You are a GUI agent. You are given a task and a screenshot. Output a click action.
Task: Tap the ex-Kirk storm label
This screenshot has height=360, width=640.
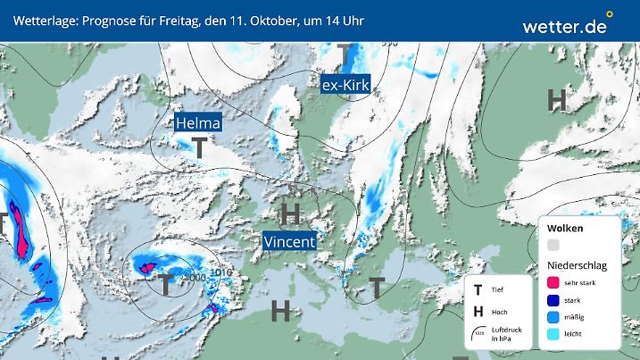tap(345, 85)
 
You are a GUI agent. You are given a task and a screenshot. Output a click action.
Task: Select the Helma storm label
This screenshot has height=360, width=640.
tap(197, 122)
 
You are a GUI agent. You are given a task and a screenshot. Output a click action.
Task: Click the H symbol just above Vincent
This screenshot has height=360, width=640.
tap(290, 213)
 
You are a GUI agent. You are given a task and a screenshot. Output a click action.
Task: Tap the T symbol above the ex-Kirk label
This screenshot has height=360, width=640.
tap(345, 55)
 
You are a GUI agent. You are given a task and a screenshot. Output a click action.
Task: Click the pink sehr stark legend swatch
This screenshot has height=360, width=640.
tap(553, 281)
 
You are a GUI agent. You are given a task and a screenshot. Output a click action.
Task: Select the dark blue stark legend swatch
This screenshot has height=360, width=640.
tap(553, 301)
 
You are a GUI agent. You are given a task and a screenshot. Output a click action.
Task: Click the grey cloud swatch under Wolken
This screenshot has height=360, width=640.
tap(553, 245)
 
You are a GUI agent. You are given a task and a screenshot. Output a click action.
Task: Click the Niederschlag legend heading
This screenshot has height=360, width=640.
tap(578, 264)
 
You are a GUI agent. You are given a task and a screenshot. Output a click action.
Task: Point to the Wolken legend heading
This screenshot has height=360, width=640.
tap(564, 228)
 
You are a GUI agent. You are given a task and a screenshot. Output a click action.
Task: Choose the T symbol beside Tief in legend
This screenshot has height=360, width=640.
tap(479, 290)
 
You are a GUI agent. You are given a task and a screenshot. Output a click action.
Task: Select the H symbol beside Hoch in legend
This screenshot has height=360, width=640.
tap(479, 312)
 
